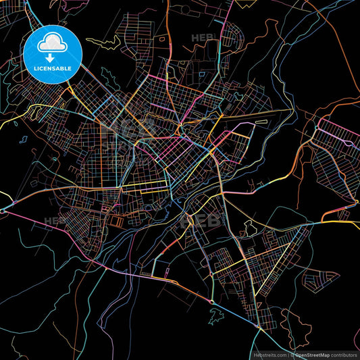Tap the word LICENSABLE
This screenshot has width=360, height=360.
[x=53, y=68]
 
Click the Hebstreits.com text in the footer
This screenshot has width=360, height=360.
[x=267, y=353]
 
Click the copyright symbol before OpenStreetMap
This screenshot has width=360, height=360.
[x=292, y=353]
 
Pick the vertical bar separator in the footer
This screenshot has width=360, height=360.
[x=287, y=353]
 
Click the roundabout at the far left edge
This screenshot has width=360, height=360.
[x=3, y=211]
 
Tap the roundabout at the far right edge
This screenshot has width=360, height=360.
[x=356, y=201]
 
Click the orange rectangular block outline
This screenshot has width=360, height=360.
[x=116, y=220]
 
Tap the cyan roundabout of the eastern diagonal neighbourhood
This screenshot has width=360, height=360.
[x=317, y=128]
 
